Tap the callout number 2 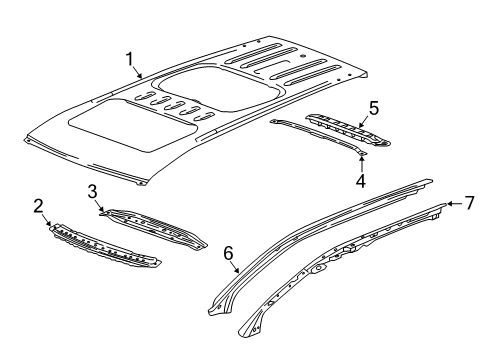38,207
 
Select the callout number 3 91,191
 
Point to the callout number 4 360,181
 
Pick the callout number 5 373,108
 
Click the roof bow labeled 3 155,227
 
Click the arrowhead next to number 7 450,204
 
